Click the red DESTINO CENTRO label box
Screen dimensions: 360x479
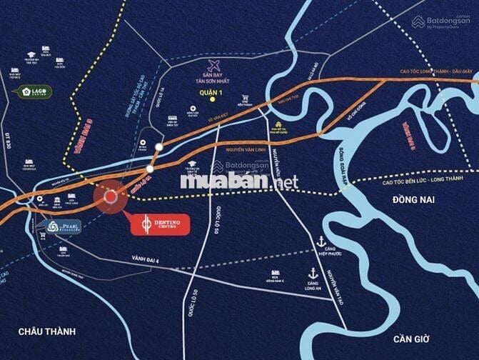(160, 224)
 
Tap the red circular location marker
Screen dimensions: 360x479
(111, 197)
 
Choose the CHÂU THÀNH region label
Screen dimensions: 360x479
(47, 331)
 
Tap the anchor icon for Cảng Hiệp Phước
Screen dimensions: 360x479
(322, 242)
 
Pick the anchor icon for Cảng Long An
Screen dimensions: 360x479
(313, 273)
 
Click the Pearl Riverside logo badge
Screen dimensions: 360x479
(63, 227)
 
